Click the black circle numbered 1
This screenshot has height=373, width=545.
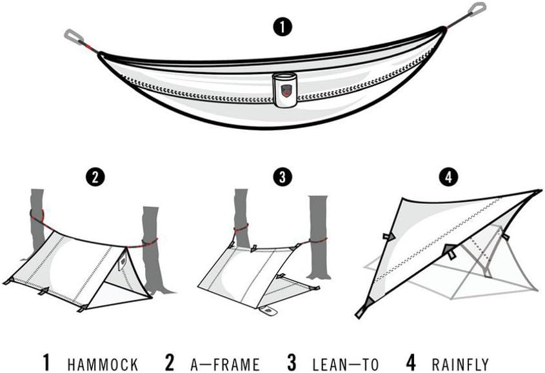point(282,26)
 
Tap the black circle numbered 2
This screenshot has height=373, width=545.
point(95,177)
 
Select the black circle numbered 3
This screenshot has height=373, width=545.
point(282,177)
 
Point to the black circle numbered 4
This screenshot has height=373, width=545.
point(449,177)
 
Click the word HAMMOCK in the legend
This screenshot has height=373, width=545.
point(103,365)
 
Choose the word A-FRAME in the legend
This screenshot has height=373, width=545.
point(225,365)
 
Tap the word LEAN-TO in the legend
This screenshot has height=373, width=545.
point(346,365)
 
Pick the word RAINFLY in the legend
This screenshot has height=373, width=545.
point(460,365)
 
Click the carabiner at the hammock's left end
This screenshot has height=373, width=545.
point(73,35)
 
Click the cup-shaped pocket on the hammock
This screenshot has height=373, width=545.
point(285,90)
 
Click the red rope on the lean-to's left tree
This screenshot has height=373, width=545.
point(241,228)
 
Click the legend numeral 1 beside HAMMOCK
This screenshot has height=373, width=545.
point(46,363)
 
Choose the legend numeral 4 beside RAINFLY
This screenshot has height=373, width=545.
point(411,363)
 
